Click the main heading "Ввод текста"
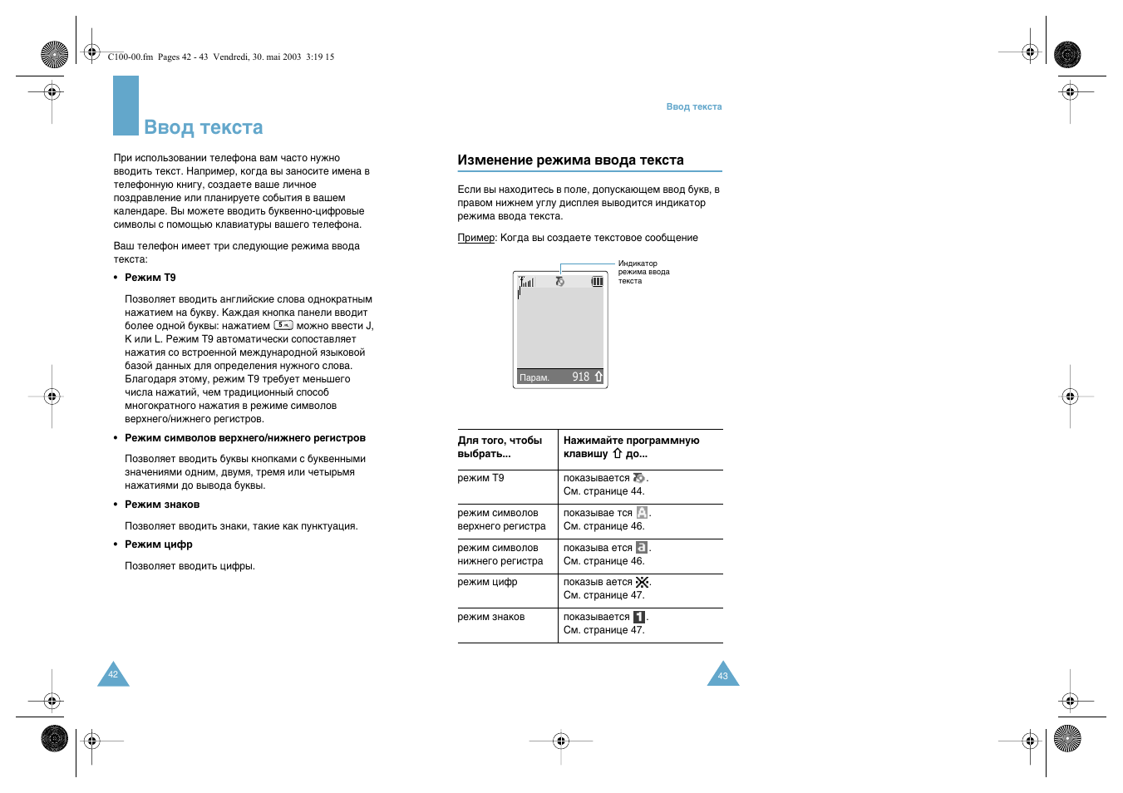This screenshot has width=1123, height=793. pyautogui.click(x=203, y=127)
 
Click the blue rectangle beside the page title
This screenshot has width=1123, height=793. pyautogui.click(x=126, y=106)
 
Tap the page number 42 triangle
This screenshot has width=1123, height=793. pyautogui.click(x=113, y=676)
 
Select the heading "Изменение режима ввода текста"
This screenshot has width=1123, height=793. pyautogui.click(x=570, y=160)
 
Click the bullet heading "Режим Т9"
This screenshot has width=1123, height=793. pyautogui.click(x=150, y=278)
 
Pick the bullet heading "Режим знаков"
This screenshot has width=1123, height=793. pyautogui.click(x=161, y=505)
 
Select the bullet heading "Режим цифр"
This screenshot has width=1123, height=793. pyautogui.click(x=158, y=544)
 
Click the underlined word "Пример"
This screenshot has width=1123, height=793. pyautogui.click(x=475, y=238)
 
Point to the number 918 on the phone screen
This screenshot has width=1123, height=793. pyautogui.click(x=580, y=377)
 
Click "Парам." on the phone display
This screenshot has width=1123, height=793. pyautogui.click(x=534, y=378)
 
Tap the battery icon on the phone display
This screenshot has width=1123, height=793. pyautogui.click(x=597, y=282)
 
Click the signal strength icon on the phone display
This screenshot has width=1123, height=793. pyautogui.click(x=526, y=283)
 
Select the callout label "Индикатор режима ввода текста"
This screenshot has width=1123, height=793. pyautogui.click(x=643, y=272)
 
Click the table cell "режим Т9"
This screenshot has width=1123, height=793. pyautogui.click(x=480, y=478)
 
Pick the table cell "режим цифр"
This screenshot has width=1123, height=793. pyautogui.click(x=487, y=582)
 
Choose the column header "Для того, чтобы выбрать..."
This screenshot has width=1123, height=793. pyautogui.click(x=500, y=447)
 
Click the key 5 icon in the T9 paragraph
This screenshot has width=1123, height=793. pyautogui.click(x=283, y=325)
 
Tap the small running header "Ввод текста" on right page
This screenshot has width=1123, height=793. pyautogui.click(x=693, y=106)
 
